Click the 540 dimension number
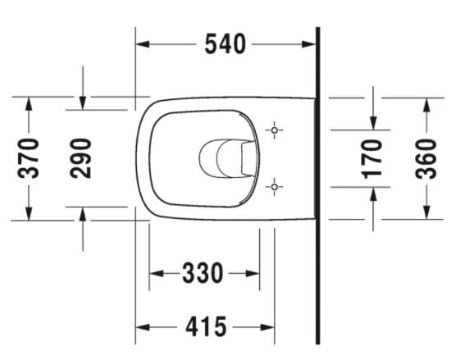click(x=225, y=44)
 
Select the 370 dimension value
click(x=29, y=158)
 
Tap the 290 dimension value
click(x=80, y=158)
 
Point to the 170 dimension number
click(x=373, y=158)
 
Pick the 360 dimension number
click(x=426, y=158)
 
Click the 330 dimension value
click(x=203, y=273)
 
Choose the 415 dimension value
click(x=205, y=328)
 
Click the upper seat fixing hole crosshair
click(x=275, y=130)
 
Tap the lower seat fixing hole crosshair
click(x=275, y=187)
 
